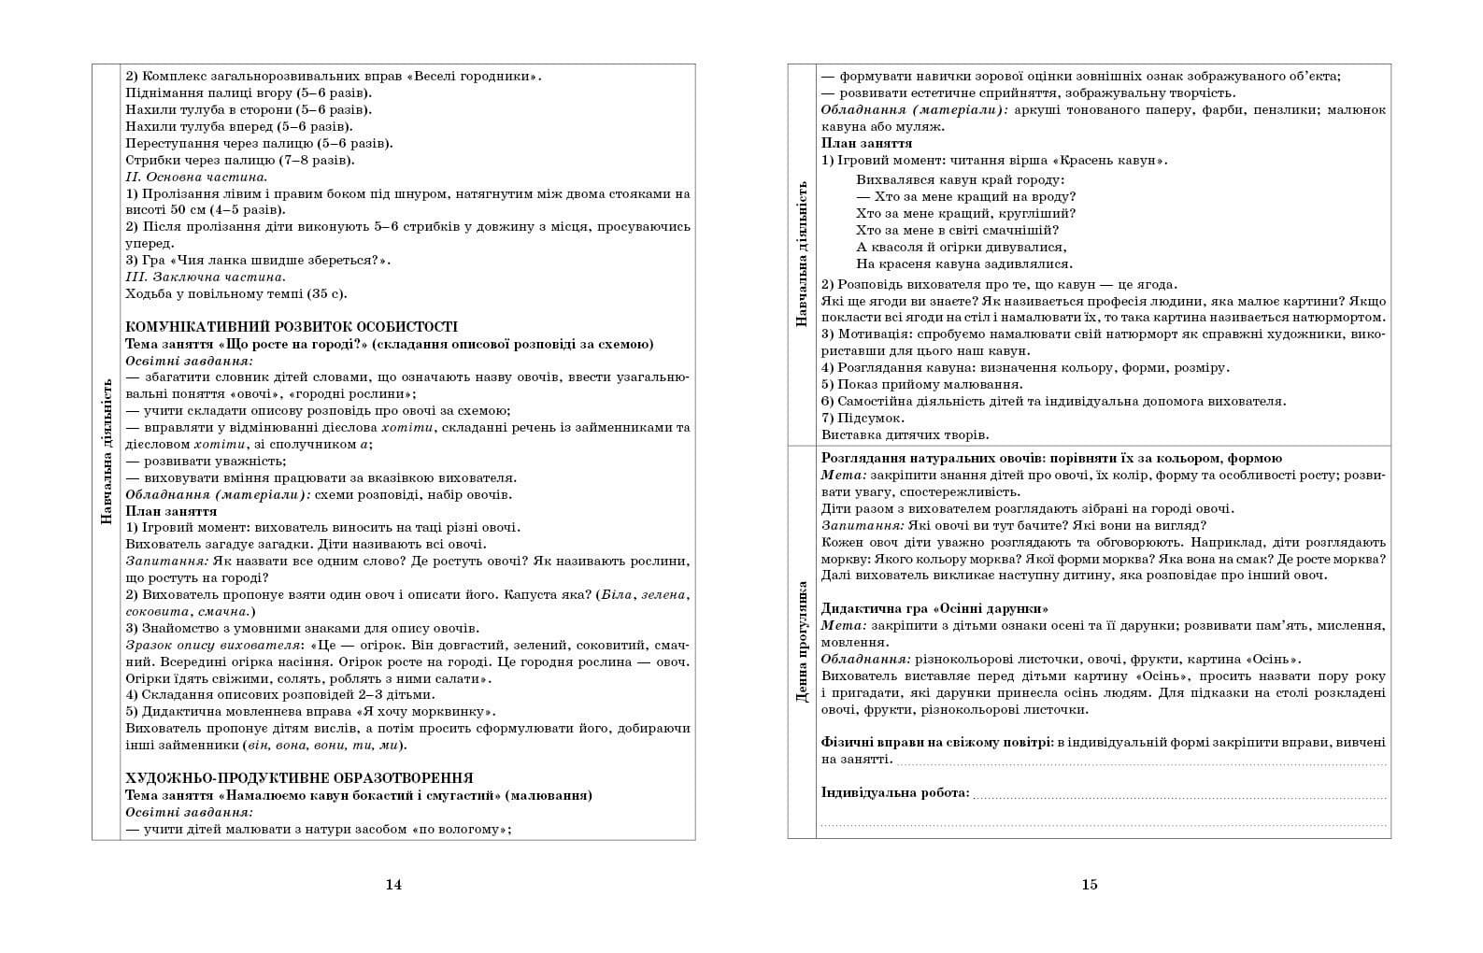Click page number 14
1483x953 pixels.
[393, 885]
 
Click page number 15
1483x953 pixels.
[1089, 885]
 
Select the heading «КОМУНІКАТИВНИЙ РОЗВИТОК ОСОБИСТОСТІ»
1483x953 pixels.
[292, 327]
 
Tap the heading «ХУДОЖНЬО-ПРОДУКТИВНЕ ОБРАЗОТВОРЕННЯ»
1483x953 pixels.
[299, 778]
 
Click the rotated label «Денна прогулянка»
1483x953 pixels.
[802, 642]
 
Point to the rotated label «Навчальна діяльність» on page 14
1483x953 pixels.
[106, 451]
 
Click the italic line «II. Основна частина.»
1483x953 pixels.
[197, 177]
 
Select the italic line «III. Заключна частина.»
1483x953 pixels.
[206, 277]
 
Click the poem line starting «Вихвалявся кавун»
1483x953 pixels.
[960, 180]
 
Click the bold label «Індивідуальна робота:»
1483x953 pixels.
[895, 793]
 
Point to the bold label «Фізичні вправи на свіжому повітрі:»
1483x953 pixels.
[937, 742]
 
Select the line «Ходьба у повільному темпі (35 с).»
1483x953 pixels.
[236, 293]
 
